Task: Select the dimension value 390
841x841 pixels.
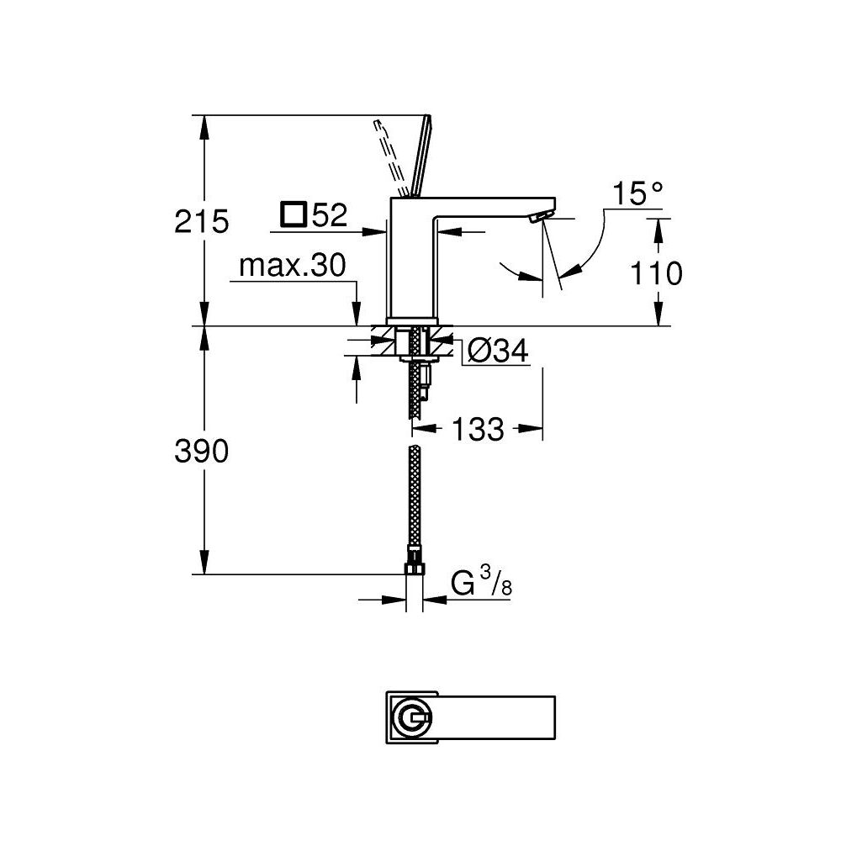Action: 201,452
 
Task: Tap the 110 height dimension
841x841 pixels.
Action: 655,273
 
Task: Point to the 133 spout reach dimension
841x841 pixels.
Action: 478,430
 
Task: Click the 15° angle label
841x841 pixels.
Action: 637,194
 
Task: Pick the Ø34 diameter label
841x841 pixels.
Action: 497,351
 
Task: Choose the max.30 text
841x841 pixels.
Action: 292,267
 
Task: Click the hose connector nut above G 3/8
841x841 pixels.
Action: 413,557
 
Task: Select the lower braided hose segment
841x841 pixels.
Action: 413,496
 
